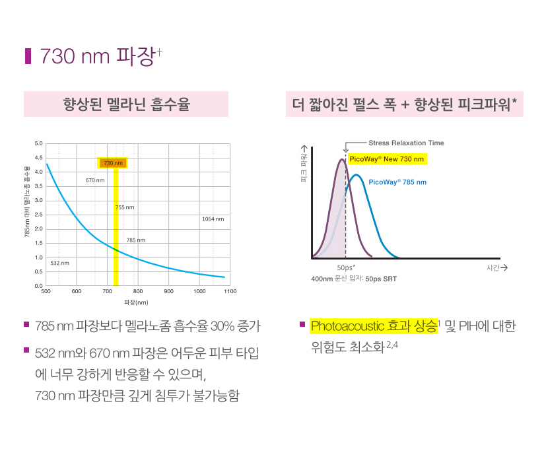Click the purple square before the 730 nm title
tap(28, 55)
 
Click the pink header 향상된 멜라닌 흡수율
tap(126, 104)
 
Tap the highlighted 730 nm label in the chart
tap(114, 162)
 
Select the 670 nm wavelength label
tap(95, 180)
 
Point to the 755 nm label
tap(125, 207)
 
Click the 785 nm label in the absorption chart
tap(136, 240)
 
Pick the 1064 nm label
tap(213, 219)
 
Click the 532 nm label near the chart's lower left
tap(59, 263)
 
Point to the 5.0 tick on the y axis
tap(38, 143)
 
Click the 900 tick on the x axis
tap(168, 291)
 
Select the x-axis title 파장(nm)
tap(136, 302)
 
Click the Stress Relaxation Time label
tap(406, 143)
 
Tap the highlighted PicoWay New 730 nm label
tap(386, 159)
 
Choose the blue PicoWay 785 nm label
tap(397, 182)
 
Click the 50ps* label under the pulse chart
tap(346, 268)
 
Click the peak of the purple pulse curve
tap(341, 159)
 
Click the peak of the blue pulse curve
tap(357, 175)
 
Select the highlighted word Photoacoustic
tap(343, 326)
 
